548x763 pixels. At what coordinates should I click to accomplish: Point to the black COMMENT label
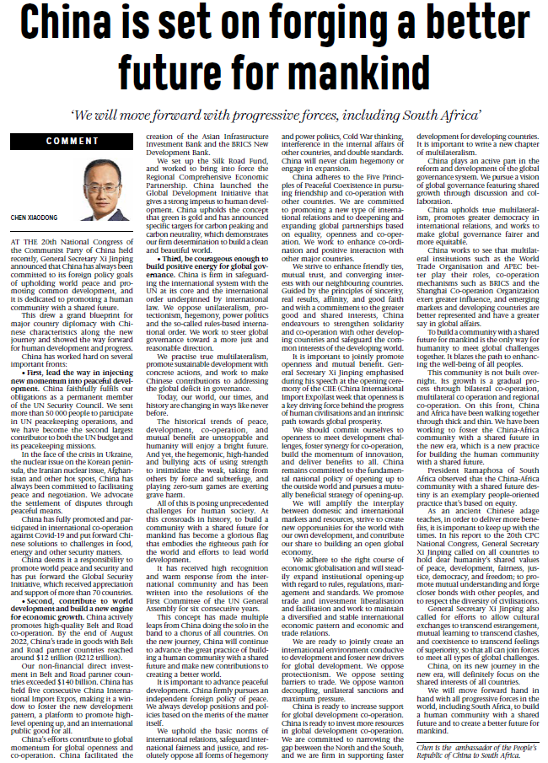73,141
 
